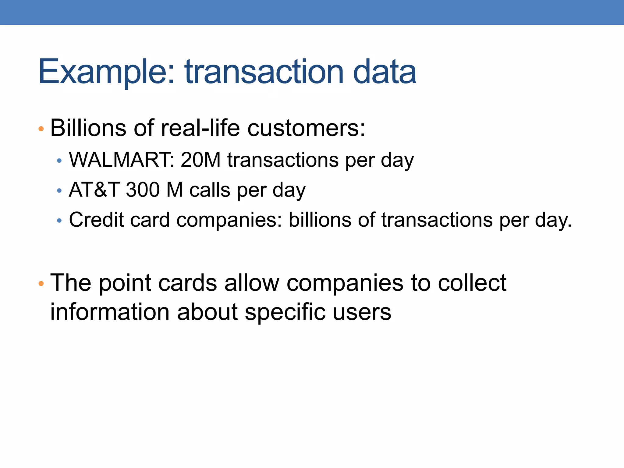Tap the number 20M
(200, 160)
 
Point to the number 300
(143, 190)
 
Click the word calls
(210, 190)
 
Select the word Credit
(96, 219)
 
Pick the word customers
(306, 128)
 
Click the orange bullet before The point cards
(41, 284)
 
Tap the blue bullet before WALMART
(59, 161)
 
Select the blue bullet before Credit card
(59, 221)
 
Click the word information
(110, 312)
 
